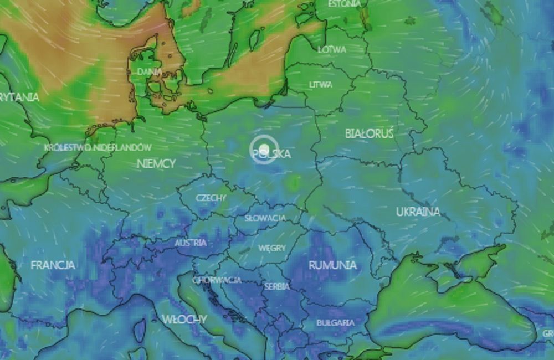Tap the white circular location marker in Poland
pos(264,149)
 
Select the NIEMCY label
pos(156,163)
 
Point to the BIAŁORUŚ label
pos(369,133)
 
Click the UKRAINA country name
pos(418,212)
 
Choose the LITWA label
pos(321,85)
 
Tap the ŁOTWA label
pos(332,49)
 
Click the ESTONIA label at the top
pos(344,4)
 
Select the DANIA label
pos(150,71)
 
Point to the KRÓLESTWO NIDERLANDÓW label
pos(98,147)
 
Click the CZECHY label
pos(211,198)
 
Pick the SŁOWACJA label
pos(265,218)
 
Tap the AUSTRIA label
pos(191,243)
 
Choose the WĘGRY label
pos(272,248)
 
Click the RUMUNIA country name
pos(333,265)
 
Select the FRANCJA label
pos(53,265)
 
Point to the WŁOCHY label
pos(184,319)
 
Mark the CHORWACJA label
pos(217,280)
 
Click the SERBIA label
pos(277,286)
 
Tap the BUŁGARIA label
pos(336,322)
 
